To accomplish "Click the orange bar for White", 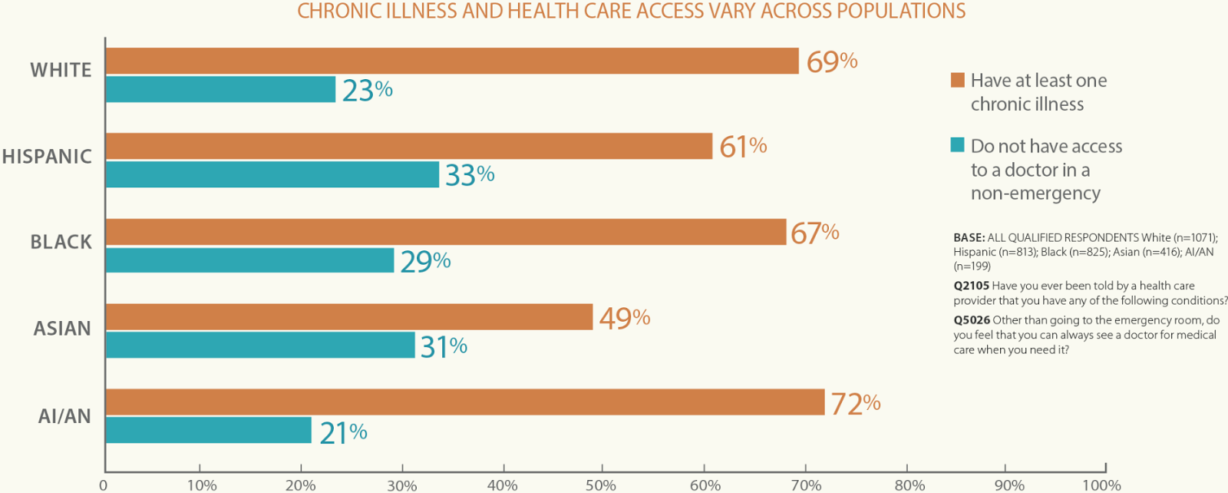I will click(452, 61).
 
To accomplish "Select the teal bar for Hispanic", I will click(272, 174).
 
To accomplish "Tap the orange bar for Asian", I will click(349, 316).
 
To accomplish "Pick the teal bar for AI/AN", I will click(209, 430).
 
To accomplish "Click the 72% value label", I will click(855, 404).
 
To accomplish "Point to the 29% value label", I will click(425, 262).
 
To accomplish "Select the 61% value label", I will click(743, 146).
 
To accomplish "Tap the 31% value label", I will click(444, 347).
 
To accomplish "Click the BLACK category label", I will click(61, 243).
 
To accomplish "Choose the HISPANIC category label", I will click(47, 157).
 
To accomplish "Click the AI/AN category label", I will click(64, 416).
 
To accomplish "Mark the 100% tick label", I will click(1101, 485).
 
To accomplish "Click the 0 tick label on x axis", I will click(104, 485).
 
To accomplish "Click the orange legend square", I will click(958, 80).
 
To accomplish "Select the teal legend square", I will click(958, 145).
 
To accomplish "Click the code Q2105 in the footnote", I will click(971, 286).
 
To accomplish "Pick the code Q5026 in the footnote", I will click(971, 320).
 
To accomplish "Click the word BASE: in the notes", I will click(969, 238).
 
